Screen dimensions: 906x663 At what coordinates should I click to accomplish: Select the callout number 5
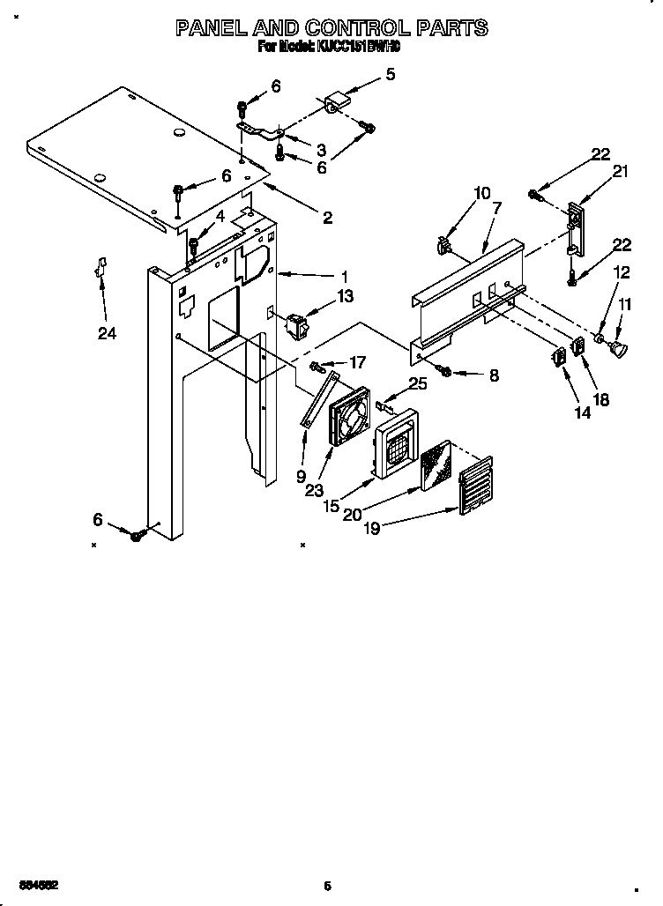tap(391, 74)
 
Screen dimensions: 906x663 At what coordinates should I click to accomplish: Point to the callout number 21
tap(620, 172)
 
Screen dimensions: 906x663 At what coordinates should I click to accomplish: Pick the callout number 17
tap(357, 361)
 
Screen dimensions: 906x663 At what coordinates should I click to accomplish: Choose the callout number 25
tap(417, 384)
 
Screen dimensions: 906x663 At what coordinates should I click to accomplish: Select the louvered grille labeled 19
tap(473, 486)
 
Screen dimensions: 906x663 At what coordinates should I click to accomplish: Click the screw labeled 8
tap(445, 372)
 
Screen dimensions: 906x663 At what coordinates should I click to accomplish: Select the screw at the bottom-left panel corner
tap(137, 535)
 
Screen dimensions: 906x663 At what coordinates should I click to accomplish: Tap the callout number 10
tap(482, 192)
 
